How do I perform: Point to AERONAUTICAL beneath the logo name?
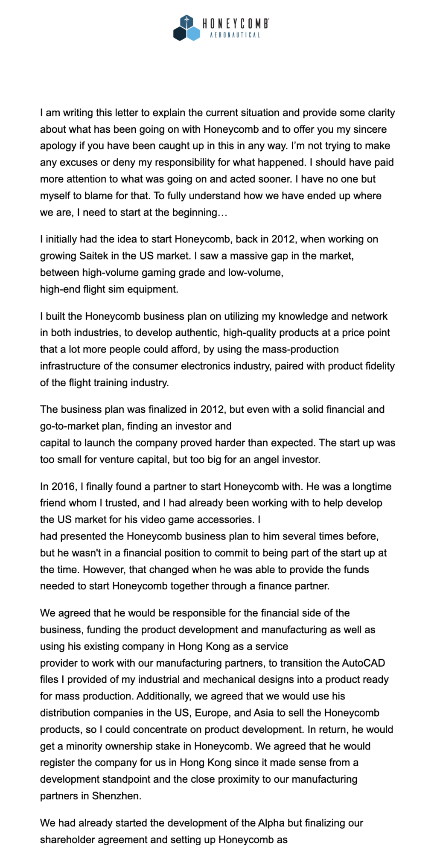pos(235,35)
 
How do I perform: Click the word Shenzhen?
pos(116,796)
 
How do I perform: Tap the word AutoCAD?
pos(363,663)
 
